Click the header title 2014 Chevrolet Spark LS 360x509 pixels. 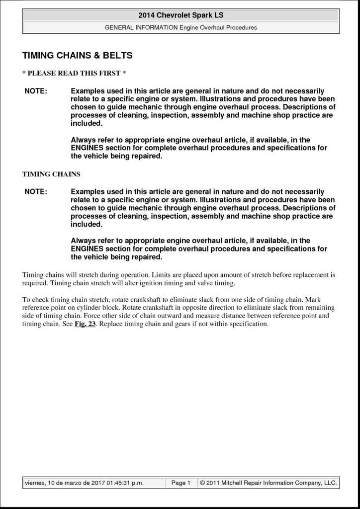pyautogui.click(x=180, y=15)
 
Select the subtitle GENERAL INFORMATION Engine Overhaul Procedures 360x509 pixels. pyautogui.click(x=180, y=27)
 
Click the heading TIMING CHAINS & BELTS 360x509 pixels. pyautogui.click(x=78, y=55)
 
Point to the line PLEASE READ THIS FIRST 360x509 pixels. pyautogui.click(x=74, y=74)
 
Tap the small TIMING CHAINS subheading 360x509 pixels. pyautogui.click(x=51, y=174)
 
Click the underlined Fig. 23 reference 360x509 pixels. pyautogui.click(x=85, y=324)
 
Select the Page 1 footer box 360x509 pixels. pyautogui.click(x=180, y=483)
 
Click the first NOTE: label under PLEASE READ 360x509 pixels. pyautogui.click(x=36, y=91)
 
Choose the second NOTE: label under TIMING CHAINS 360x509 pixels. pyautogui.click(x=36, y=192)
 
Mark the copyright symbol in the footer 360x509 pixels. pyautogui.click(x=202, y=483)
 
